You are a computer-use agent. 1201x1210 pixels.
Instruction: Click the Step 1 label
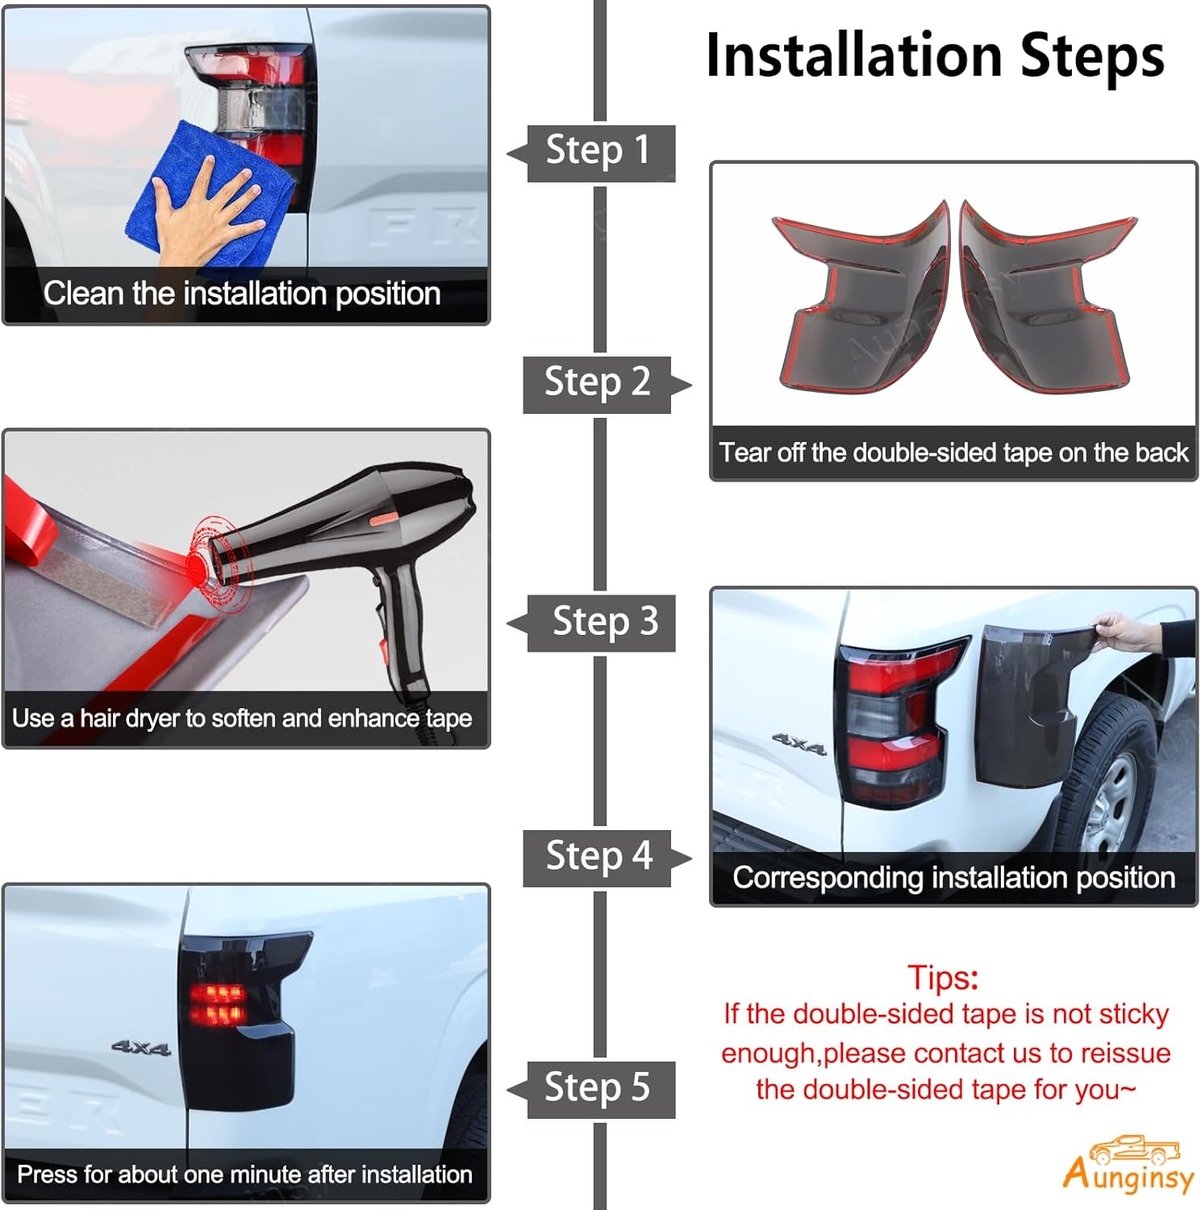[x=598, y=151]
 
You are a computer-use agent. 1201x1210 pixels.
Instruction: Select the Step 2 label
[x=598, y=382]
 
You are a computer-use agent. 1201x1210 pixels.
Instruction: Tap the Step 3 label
[x=606, y=622]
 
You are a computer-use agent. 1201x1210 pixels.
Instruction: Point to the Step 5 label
[x=598, y=1088]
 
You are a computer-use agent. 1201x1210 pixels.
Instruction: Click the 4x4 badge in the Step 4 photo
[x=799, y=744]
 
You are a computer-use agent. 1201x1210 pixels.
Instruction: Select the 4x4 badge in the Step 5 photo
[x=141, y=1048]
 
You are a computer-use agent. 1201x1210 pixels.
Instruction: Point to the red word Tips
[x=943, y=978]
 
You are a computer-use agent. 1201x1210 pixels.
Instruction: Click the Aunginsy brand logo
[x=1128, y=1165]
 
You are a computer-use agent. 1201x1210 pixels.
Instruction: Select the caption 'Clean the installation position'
[x=242, y=294]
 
